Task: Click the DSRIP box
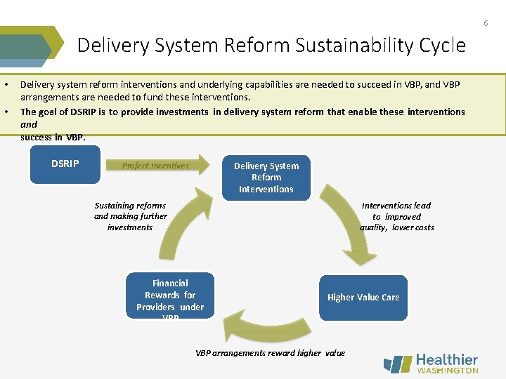click(x=65, y=164)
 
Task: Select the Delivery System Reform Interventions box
click(x=266, y=178)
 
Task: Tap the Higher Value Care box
click(x=363, y=297)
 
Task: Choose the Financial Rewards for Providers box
click(x=170, y=296)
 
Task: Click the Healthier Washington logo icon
click(x=398, y=364)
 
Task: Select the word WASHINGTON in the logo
click(x=448, y=371)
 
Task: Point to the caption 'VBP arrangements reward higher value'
click(x=270, y=353)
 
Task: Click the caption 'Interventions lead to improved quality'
click(x=397, y=216)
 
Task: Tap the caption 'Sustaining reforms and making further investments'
click(x=130, y=216)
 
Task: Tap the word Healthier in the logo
click(x=447, y=359)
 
